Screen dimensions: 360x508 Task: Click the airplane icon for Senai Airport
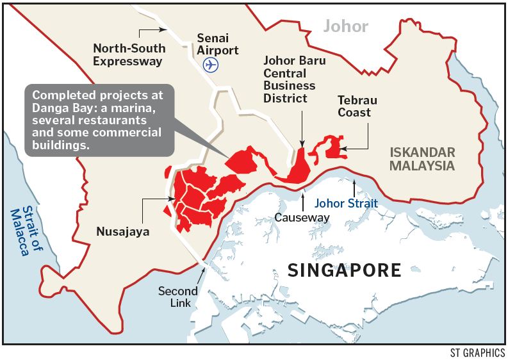(209, 65)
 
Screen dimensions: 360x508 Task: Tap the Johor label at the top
(346, 26)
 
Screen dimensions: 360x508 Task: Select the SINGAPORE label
(344, 270)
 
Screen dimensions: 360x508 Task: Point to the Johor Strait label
(345, 203)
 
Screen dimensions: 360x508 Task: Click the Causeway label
(302, 218)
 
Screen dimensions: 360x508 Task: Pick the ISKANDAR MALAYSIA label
(422, 159)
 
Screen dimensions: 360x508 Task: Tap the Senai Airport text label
(218, 44)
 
